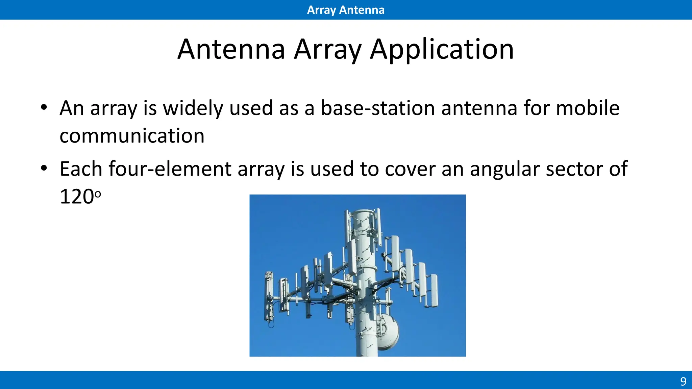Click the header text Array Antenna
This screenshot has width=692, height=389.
[346, 10]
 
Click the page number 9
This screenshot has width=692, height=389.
[683, 382]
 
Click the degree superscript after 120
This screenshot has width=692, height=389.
[98, 194]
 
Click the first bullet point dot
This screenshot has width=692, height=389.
[44, 108]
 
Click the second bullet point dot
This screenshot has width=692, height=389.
[44, 168]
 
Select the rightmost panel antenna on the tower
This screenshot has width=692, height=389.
[434, 290]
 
